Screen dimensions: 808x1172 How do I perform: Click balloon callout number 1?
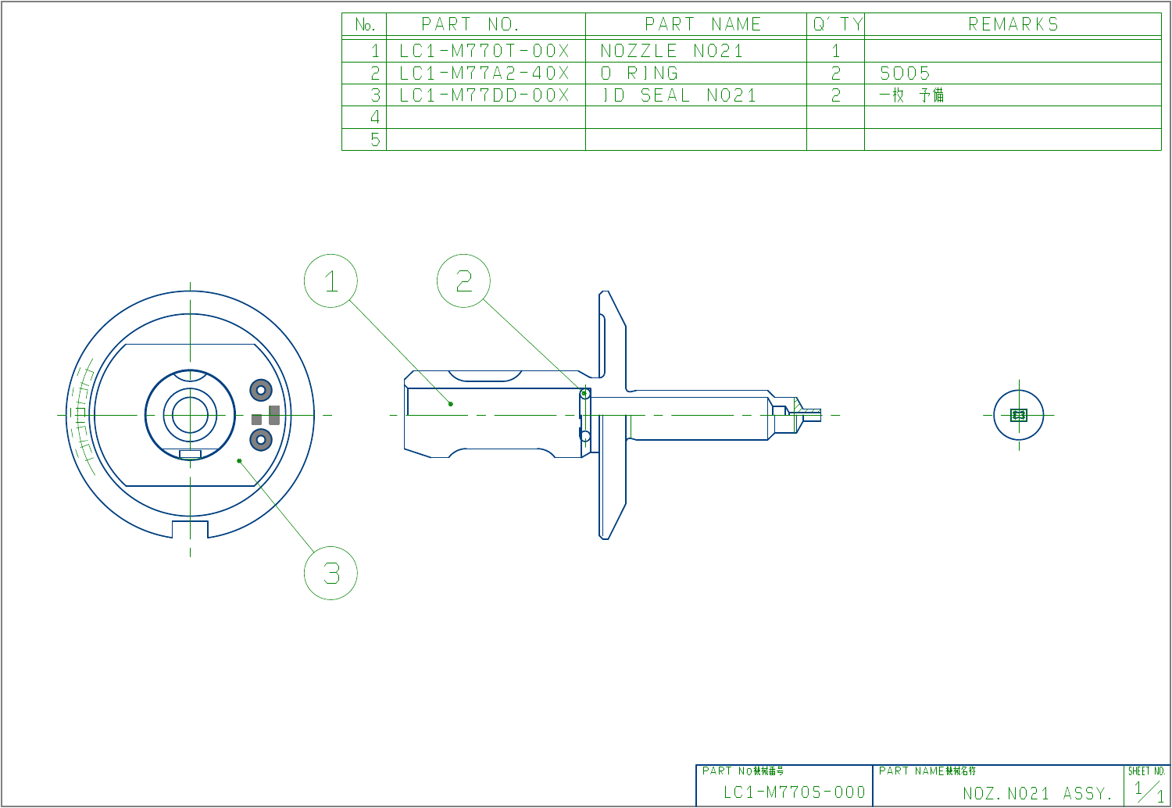tap(331, 281)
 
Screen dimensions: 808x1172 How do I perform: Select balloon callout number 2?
tap(463, 281)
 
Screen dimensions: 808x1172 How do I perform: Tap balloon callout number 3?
tap(331, 574)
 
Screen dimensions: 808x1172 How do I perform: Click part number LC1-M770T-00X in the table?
tap(484, 52)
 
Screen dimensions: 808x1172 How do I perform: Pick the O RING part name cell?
tap(639, 73)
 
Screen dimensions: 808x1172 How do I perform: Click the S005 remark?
tap(905, 73)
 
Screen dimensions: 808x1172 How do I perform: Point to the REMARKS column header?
tap(1013, 25)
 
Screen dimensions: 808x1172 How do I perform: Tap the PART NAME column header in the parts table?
tap(702, 25)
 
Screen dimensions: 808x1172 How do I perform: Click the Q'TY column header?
tap(836, 25)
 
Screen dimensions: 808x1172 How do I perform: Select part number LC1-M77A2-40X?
tap(484, 73)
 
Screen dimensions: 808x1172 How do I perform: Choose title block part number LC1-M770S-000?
tap(794, 792)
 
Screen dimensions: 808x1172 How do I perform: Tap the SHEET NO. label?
tap(1146, 771)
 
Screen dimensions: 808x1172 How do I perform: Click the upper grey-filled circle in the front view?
tap(261, 389)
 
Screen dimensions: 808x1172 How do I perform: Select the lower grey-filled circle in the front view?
tap(261, 440)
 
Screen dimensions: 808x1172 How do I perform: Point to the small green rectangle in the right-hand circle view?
tap(1018, 415)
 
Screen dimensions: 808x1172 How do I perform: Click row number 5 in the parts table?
tap(374, 140)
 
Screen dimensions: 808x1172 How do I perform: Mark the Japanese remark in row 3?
tap(911, 95)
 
